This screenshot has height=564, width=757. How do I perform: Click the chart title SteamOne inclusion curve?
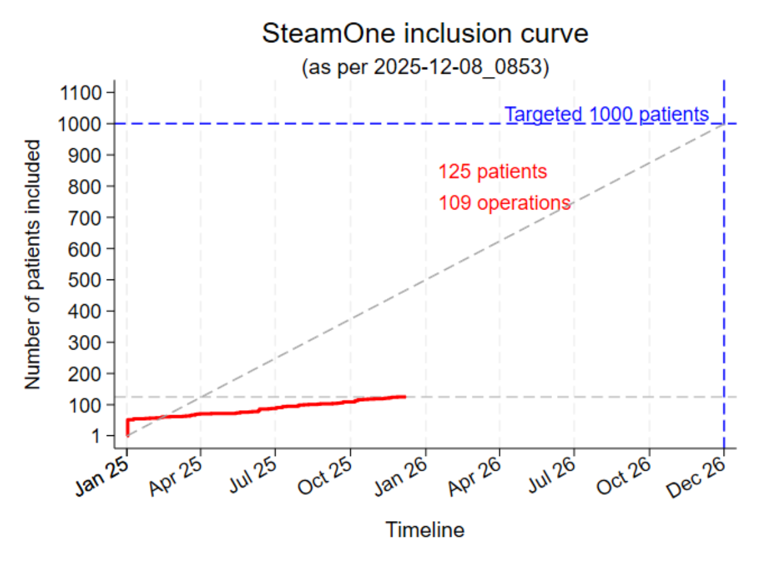tap(425, 34)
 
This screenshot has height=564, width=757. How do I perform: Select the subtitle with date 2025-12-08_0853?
tap(425, 67)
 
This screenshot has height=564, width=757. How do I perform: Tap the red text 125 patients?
tap(493, 172)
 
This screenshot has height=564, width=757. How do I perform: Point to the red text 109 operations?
tap(505, 203)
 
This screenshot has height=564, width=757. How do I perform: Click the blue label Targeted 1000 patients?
tap(606, 115)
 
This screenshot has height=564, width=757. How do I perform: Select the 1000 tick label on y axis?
tap(79, 124)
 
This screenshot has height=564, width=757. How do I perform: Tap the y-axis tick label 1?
tap(97, 435)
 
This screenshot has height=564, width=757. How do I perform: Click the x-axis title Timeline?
tap(425, 530)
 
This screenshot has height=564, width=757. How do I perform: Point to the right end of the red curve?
tap(404, 397)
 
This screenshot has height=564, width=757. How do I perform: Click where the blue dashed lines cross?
tap(724, 124)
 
